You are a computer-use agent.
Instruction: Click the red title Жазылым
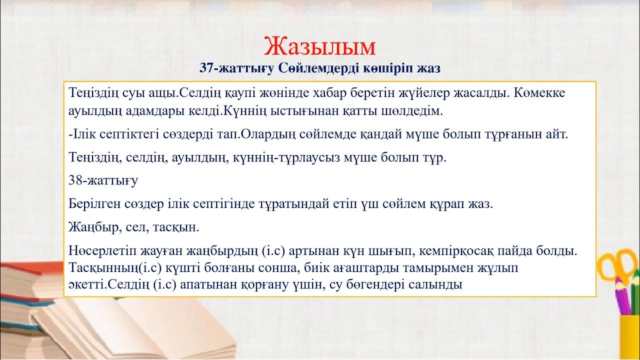pyautogui.click(x=319, y=46)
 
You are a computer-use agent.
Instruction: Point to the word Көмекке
pyautogui.click(x=540, y=93)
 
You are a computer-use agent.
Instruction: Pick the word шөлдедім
pyautogui.click(x=417, y=111)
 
